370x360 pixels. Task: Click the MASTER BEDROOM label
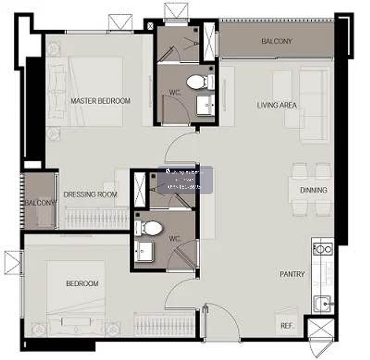coord(101,101)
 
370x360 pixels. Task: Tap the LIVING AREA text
coord(277,105)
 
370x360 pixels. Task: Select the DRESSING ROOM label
coord(90,194)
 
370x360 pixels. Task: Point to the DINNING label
coord(314,190)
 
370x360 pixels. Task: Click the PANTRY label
coord(292,274)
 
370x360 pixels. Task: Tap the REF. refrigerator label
coord(287,326)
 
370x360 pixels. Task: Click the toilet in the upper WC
coord(201,82)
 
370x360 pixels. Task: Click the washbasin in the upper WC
coord(206,105)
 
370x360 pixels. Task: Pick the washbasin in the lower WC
coord(144,251)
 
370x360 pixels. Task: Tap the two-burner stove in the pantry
coord(323,249)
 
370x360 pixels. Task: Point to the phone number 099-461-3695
coord(184,187)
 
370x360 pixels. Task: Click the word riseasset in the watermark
coord(185,180)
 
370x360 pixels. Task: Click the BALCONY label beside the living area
coord(277,41)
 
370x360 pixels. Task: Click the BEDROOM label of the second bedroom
coord(82,284)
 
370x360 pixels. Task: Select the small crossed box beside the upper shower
coord(150,26)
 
